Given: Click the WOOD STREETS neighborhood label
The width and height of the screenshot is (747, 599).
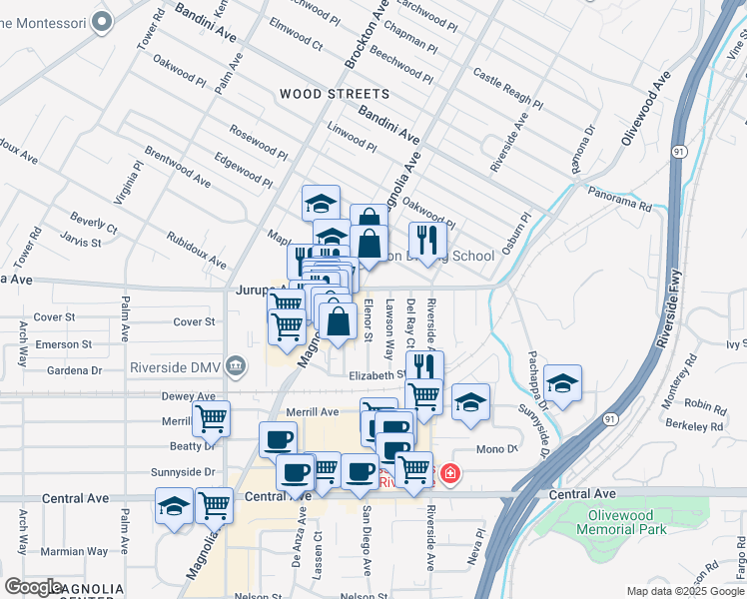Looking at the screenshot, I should [334, 94].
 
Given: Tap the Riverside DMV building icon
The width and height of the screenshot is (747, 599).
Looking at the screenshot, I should [235, 365].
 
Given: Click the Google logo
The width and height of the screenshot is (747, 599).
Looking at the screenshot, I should [34, 587].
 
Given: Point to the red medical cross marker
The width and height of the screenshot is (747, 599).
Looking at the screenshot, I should [450, 472].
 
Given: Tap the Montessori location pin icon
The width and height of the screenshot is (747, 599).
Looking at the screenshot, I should [100, 21].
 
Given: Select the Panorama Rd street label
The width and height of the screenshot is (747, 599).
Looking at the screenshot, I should [619, 199].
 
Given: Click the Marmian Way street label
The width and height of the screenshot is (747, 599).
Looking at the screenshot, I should [73, 551].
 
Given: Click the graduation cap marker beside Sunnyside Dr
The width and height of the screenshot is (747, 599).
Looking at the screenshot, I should [562, 384].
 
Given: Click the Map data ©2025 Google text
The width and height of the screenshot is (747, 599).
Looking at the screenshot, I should [686, 591].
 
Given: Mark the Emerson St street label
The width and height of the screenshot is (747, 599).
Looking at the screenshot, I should [63, 344].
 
